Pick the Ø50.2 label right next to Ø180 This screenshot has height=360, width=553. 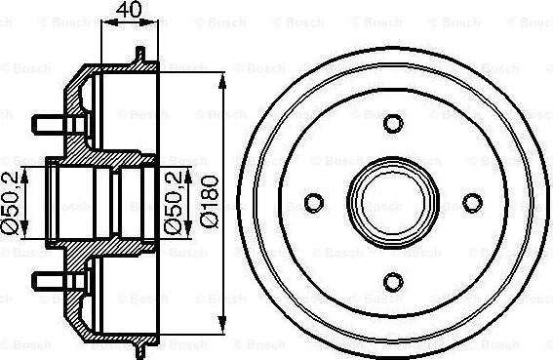coord(173,202)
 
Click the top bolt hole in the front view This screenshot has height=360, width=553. coord(393,124)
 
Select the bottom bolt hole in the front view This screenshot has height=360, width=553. coord(393,281)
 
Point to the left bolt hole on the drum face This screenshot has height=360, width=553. coord(314,202)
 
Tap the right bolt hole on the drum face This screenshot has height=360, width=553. coord(472,202)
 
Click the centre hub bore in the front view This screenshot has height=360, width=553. coord(393,202)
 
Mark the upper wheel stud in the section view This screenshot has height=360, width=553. coord(49,124)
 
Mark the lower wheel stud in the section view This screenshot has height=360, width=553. coord(49,281)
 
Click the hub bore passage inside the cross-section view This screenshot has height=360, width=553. coord(98,202)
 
